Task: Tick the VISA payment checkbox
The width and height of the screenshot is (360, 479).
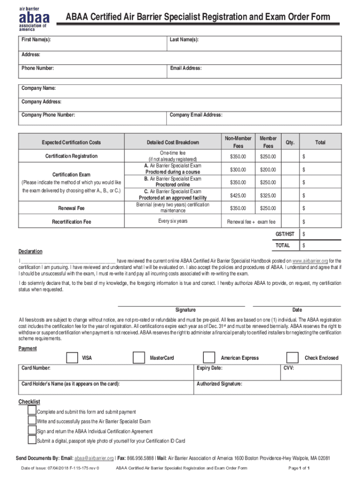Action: pos(72,357)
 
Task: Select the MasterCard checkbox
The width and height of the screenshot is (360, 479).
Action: pos(138,357)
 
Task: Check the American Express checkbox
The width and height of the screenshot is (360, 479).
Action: pos(209,357)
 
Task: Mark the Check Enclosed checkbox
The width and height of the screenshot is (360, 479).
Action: pos(292,357)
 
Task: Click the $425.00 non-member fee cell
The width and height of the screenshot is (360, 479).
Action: pos(238,196)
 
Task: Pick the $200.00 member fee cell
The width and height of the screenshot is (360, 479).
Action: pos(268,169)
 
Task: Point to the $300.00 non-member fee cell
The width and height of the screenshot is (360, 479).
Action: pos(238,169)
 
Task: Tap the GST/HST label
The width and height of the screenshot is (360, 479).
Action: pos(285,233)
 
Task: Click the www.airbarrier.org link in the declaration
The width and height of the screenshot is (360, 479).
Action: pos(310,261)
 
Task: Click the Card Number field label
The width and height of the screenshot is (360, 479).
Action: pos(36,368)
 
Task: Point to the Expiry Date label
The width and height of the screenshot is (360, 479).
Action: pos(209,368)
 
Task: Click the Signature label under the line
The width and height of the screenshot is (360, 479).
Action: pos(186,310)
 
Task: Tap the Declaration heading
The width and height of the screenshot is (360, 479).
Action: pos(30,252)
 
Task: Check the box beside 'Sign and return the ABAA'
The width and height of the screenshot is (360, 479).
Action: pos(32,430)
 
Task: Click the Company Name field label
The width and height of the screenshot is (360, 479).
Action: pos(39,88)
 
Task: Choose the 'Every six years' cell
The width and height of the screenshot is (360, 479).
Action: pos(173,221)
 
